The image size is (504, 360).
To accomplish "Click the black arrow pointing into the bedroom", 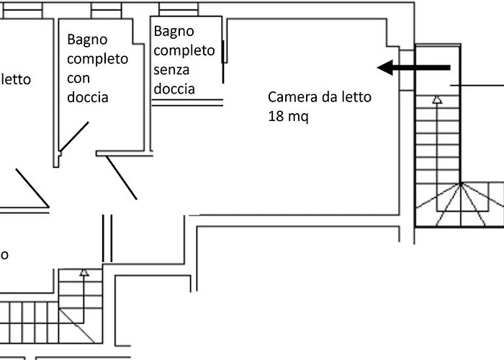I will [414, 68].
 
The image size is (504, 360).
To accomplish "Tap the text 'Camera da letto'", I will [320, 97].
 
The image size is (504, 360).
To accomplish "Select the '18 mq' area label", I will [288, 116].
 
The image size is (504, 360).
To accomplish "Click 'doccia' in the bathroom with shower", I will [88, 96].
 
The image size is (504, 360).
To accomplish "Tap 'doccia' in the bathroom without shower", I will [174, 89].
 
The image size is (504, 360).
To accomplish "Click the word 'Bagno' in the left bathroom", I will [87, 39].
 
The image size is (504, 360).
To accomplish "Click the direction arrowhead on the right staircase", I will [437, 101].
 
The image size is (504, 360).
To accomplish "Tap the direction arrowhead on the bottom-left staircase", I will [84, 272].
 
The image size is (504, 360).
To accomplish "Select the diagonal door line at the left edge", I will [32, 188].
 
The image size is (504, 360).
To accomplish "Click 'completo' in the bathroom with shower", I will [98, 58].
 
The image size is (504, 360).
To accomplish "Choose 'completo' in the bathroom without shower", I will [184, 50].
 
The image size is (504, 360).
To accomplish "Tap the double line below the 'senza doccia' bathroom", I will [187, 102].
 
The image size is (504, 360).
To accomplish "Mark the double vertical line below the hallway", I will [108, 238].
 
